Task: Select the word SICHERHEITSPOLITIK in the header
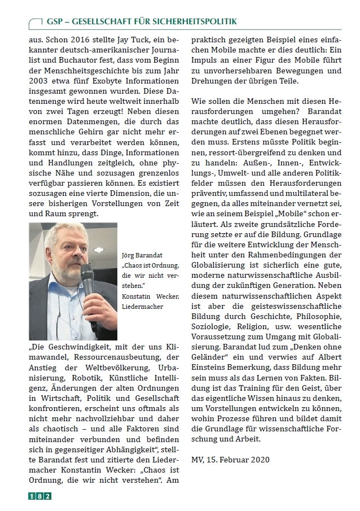[191, 21]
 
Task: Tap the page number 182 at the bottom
[40, 496]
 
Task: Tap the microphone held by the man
[87, 279]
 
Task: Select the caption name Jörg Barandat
[142, 255]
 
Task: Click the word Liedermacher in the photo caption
[142, 306]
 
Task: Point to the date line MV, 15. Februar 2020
[231, 459]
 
